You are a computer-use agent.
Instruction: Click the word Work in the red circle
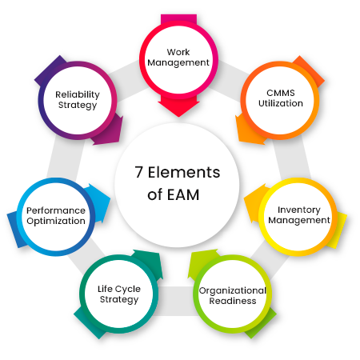point(178,52)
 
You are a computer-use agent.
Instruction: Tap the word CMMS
point(281,93)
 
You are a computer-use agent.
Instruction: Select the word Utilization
point(281,103)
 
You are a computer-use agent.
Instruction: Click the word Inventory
point(299,210)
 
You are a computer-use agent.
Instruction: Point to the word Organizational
point(233,290)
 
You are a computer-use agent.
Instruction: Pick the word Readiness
point(233,301)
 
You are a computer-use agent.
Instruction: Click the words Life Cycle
point(119,289)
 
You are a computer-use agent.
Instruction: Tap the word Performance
point(56,210)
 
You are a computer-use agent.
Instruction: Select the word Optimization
point(56,221)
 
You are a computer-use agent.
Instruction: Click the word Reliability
point(78,94)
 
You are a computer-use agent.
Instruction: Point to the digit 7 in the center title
point(138,172)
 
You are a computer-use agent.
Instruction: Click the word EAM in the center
point(183,194)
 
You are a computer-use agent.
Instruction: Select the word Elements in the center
point(184,172)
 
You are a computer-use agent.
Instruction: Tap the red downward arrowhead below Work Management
point(178,106)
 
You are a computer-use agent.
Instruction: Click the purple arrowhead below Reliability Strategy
point(108,131)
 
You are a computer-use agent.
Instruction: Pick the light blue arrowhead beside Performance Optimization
point(98,202)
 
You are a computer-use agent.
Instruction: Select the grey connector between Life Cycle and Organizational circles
point(176,301)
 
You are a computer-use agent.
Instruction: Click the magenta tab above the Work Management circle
point(178,19)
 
